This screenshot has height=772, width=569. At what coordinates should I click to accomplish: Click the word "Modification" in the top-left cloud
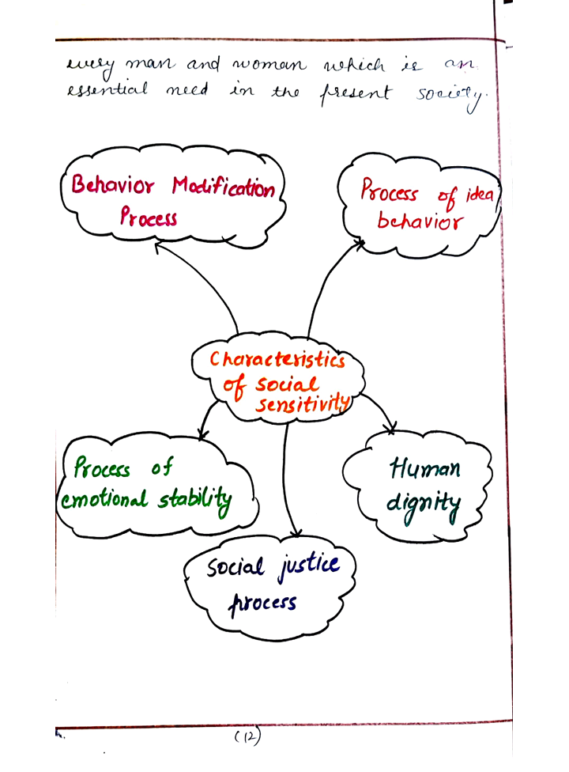click(224, 187)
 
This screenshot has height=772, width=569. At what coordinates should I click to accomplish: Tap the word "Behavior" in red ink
click(113, 184)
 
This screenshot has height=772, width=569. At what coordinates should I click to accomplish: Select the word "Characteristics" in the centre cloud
click(277, 359)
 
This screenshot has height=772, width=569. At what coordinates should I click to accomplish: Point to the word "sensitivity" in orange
click(303, 404)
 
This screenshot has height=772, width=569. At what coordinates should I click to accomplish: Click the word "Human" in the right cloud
click(425, 467)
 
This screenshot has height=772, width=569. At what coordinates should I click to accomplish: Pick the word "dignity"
click(424, 505)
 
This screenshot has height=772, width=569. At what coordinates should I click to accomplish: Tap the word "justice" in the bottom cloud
click(309, 566)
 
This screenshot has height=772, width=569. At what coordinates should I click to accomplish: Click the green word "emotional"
click(104, 500)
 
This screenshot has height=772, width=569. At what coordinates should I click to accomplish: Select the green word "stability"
click(194, 500)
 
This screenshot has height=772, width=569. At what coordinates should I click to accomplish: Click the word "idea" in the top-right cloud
click(480, 194)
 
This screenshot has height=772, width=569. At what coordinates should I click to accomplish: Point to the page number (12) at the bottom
click(247, 736)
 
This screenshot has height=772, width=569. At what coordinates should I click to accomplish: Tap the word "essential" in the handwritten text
click(107, 89)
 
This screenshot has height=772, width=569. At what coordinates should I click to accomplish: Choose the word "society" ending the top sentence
click(450, 96)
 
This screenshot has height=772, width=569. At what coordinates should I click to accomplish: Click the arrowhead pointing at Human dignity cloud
click(391, 428)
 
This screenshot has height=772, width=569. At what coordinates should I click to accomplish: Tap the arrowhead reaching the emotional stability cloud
click(202, 433)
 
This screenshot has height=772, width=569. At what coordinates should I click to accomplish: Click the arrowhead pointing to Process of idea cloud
click(360, 243)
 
